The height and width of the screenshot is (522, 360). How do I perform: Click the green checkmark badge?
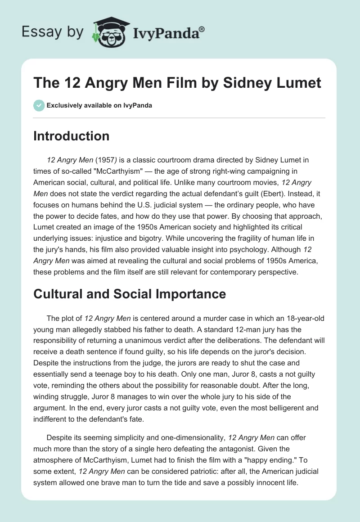click(39, 105)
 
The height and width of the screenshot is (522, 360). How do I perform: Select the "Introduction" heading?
click(71, 136)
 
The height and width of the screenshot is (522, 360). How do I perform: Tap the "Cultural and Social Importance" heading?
click(130, 294)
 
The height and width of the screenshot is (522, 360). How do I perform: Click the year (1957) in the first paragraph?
click(104, 160)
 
